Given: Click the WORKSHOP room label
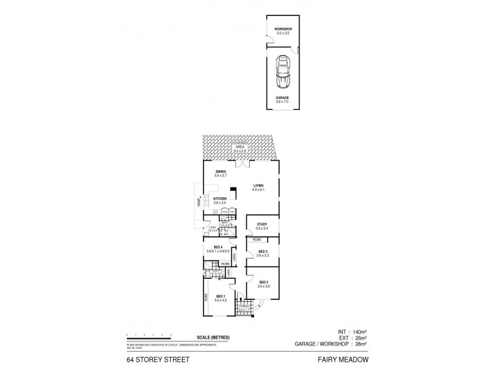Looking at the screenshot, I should [283, 29].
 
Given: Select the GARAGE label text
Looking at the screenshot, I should [283, 97].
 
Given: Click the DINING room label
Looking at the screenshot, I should [221, 172].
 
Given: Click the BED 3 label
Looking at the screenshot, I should [262, 251].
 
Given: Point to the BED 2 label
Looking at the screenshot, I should [264, 282].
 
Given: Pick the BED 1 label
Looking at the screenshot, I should [221, 297].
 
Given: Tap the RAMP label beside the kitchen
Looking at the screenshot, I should [199, 201].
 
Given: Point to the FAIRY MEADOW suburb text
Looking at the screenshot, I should [343, 357].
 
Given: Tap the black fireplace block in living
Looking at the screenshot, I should [233, 190].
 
